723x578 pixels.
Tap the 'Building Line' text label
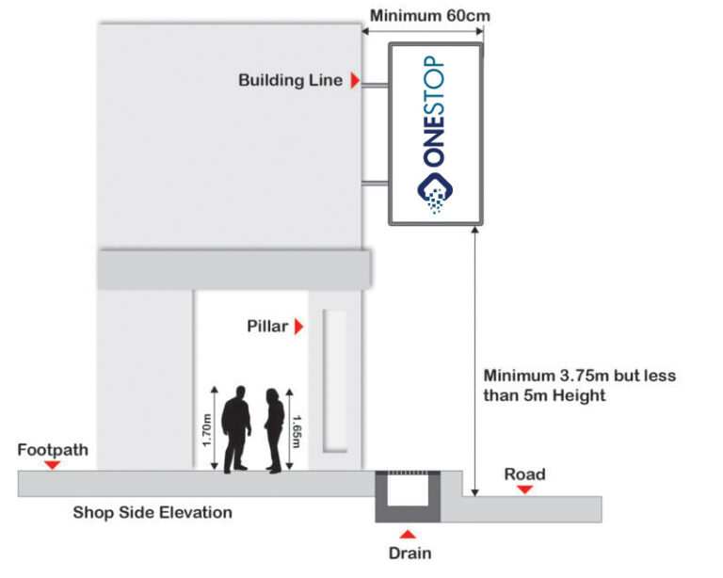point(290,81)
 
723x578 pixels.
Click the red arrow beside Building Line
point(355,81)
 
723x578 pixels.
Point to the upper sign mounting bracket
point(376,88)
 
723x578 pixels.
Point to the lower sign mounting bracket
point(376,183)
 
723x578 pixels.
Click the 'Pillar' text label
point(267,328)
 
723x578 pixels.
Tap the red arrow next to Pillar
point(299,328)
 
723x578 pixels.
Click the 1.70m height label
point(205,429)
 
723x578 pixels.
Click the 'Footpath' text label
point(53,450)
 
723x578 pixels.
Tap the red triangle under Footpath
point(53,465)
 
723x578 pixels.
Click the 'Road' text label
point(524,474)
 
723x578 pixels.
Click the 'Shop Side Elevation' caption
point(153,513)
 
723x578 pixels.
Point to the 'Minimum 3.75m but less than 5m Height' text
point(578,385)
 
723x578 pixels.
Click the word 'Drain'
point(410,554)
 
